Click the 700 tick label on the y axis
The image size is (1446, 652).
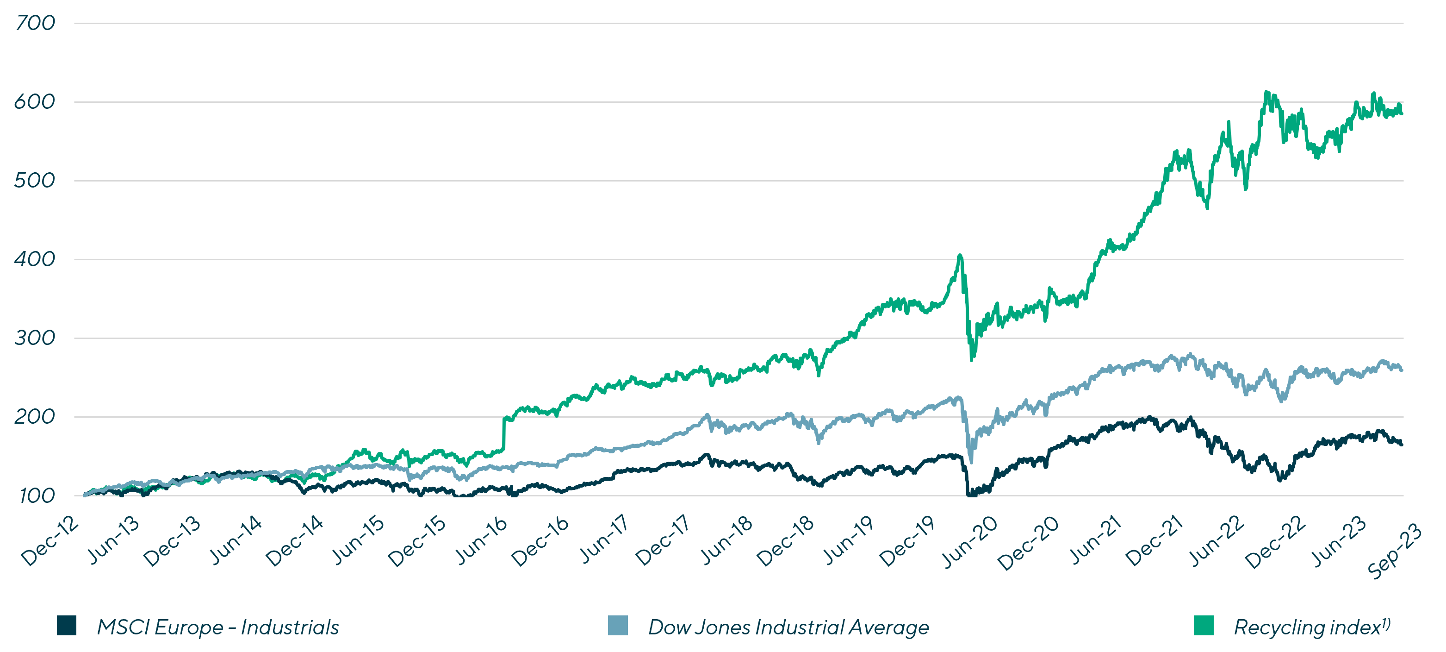(x=35, y=24)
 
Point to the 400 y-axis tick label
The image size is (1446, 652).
(x=35, y=259)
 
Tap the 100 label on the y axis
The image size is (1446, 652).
(x=35, y=496)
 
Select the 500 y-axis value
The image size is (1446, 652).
(x=35, y=181)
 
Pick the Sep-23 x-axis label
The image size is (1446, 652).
(x=1394, y=550)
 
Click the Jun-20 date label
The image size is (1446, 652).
(x=970, y=541)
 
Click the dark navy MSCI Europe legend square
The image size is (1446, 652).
(x=66, y=626)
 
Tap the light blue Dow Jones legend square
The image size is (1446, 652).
(x=617, y=626)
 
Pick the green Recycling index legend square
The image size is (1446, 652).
(x=1204, y=626)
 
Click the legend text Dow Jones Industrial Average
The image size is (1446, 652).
(x=788, y=627)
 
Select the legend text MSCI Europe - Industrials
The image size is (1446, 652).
(x=218, y=627)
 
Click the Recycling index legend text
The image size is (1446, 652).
(x=1311, y=627)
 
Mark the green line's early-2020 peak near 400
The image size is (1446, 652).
(x=960, y=256)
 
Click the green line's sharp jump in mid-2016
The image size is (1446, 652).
(x=503, y=433)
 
